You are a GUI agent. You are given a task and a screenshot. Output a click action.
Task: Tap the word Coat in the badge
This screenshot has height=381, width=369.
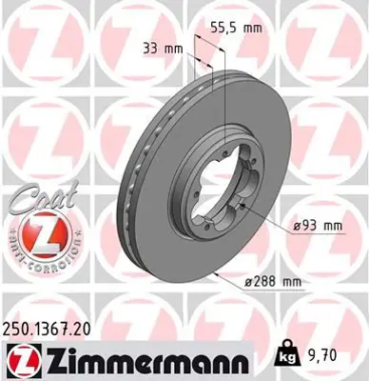pos(34,198)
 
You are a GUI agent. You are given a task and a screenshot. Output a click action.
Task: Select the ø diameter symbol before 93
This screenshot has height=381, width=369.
pos(289,226)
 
